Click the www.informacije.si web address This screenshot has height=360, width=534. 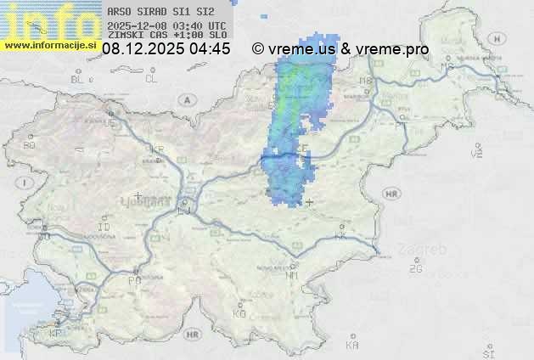pyautogui.click(x=49, y=44)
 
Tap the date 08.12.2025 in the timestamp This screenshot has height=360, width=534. pyautogui.click(x=142, y=49)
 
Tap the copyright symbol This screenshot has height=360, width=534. pyautogui.click(x=258, y=49)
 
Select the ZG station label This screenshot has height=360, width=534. pyautogui.click(x=415, y=269)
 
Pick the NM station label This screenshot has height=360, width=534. pyautogui.click(x=292, y=275)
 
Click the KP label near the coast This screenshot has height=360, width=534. pyautogui.click(x=56, y=334)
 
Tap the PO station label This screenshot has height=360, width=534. pyautogui.click(x=133, y=280)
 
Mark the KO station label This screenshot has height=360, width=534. pyautogui.click(x=239, y=313)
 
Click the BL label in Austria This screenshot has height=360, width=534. pyautogui.click(x=77, y=79)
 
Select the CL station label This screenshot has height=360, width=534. pyautogui.click(x=152, y=79)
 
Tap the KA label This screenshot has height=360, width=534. pyautogui.click(x=352, y=346)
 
